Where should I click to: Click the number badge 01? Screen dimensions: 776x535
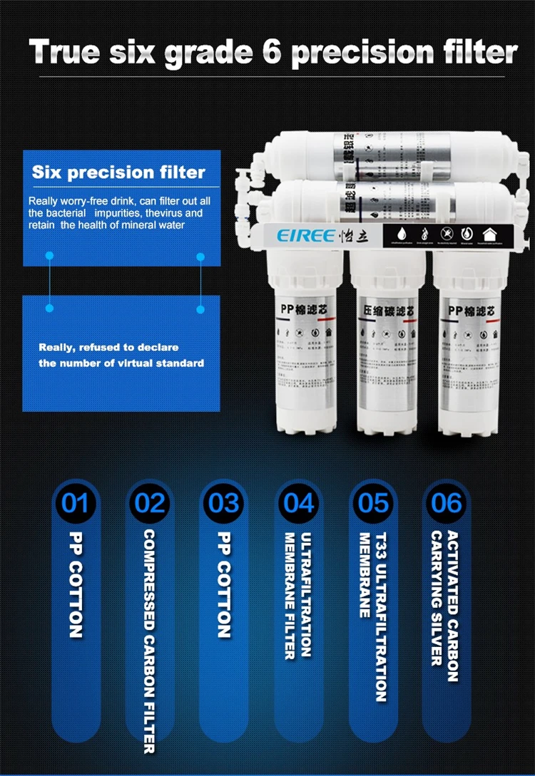point(75,503)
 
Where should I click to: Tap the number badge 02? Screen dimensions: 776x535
point(150,503)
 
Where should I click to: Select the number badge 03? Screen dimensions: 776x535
point(224,503)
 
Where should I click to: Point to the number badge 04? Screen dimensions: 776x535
point(298,503)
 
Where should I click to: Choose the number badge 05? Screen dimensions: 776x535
point(373,503)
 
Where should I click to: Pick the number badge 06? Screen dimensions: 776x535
point(447,503)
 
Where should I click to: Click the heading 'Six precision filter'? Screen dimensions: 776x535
point(118,172)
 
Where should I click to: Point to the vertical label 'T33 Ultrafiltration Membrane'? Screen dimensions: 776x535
point(372,616)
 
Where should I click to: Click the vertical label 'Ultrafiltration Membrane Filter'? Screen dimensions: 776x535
point(298,595)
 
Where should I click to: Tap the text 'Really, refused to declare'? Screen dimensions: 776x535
point(108,347)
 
